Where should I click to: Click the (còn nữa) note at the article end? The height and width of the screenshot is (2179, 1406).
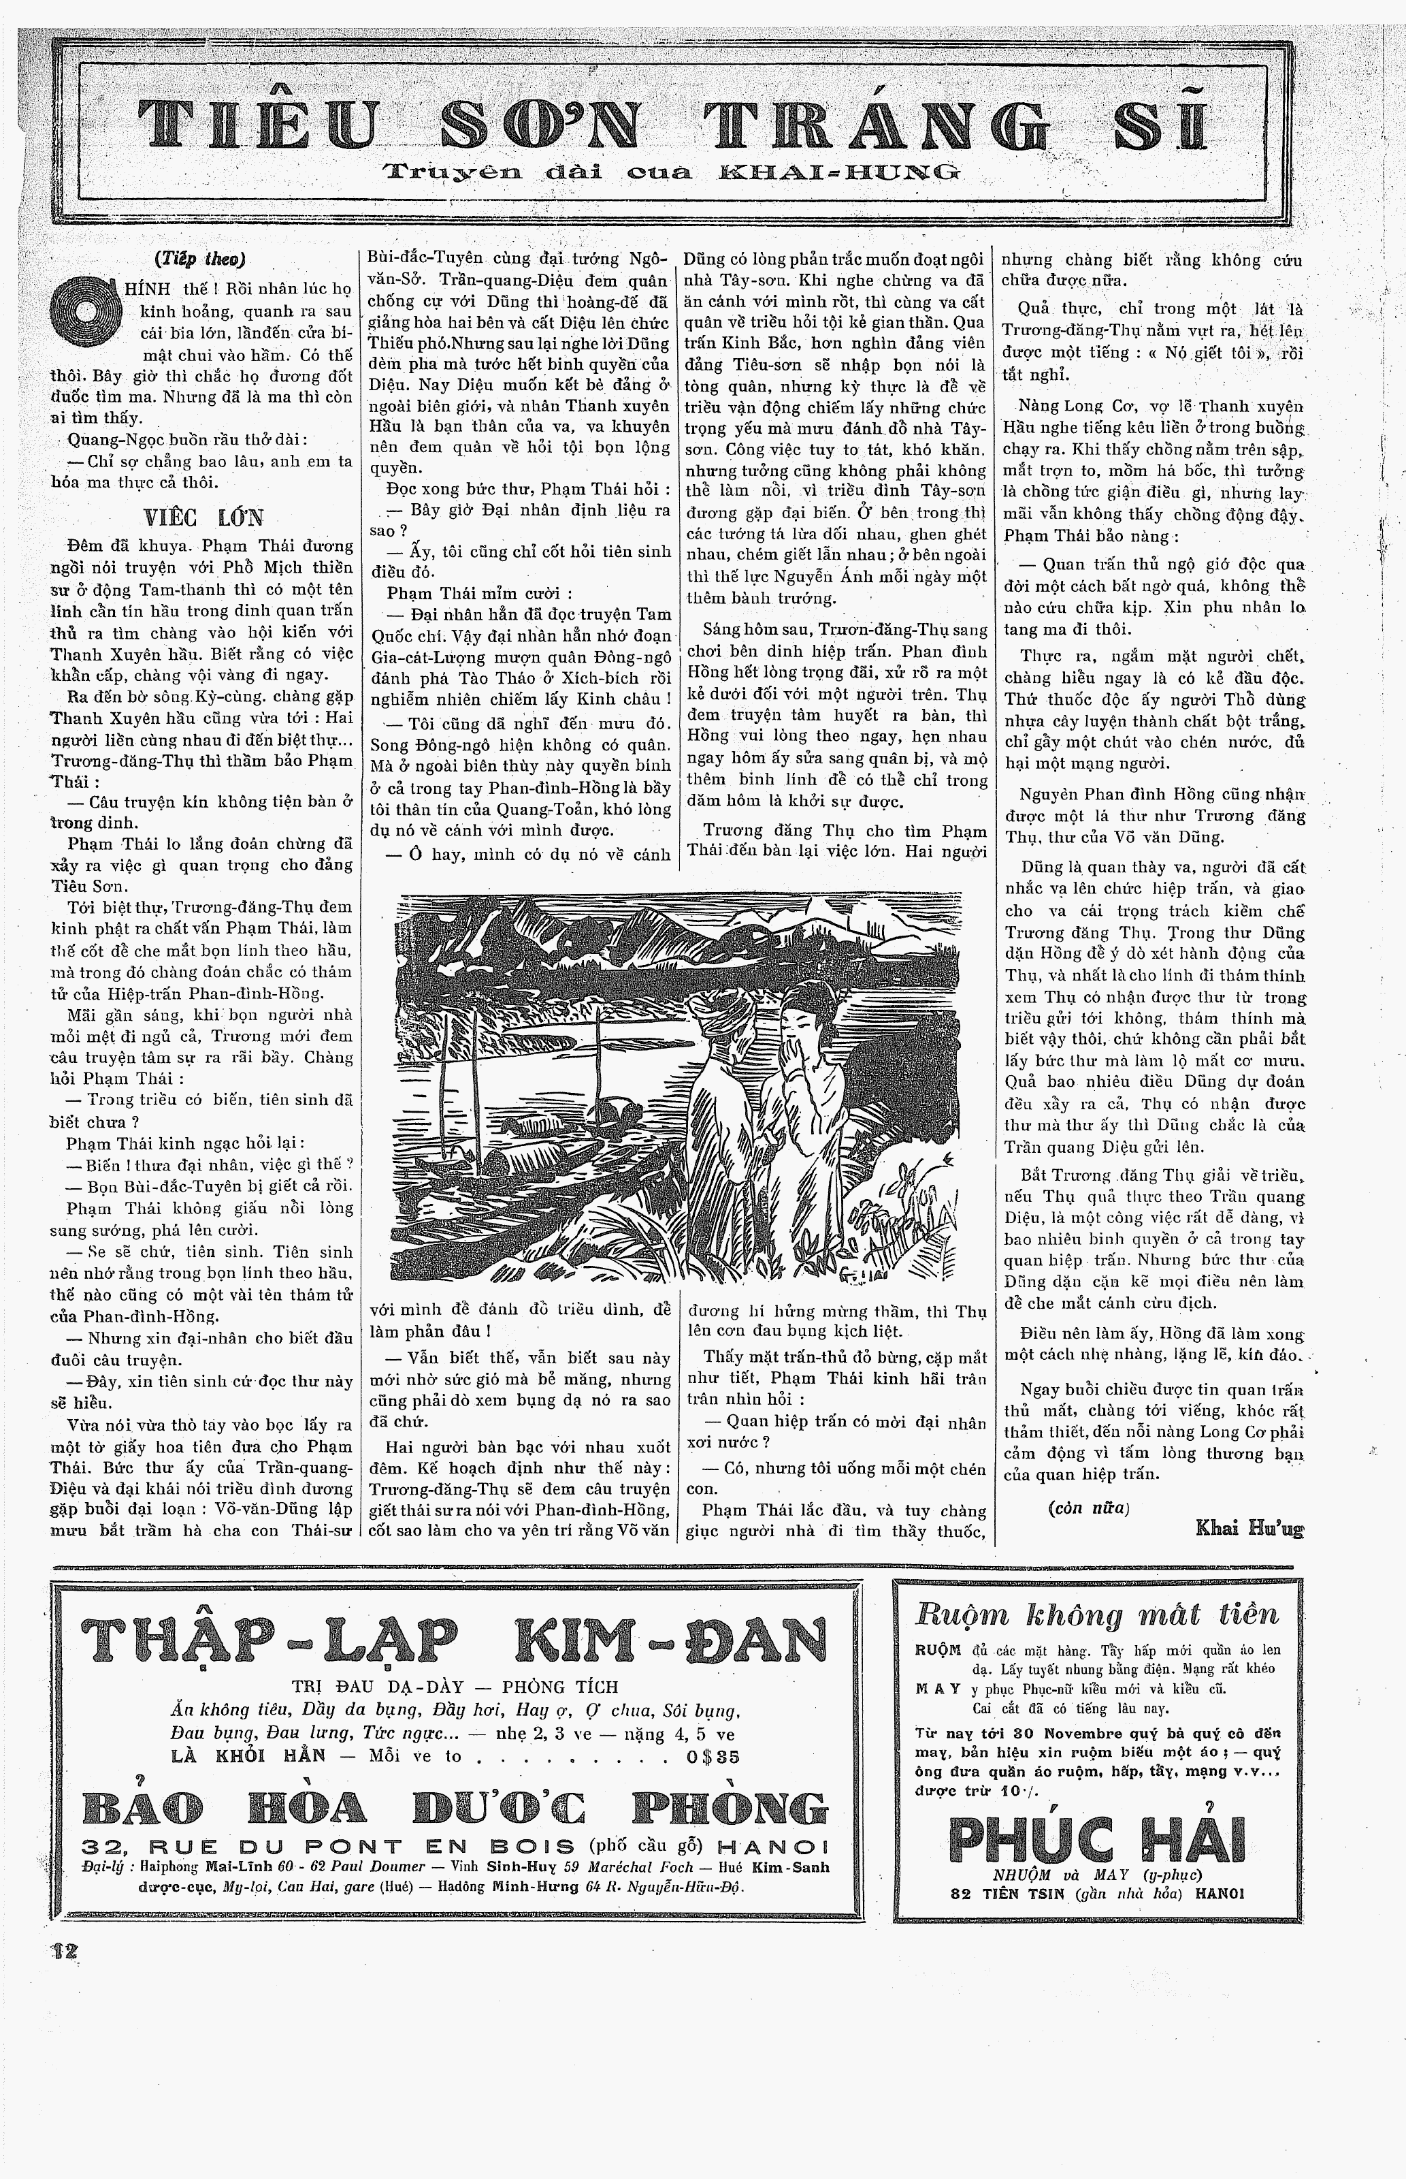(x=1088, y=1508)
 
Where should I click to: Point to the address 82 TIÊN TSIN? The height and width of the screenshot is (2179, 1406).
(x=1007, y=1893)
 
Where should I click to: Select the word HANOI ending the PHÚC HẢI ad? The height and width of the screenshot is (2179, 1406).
(x=1218, y=1893)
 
